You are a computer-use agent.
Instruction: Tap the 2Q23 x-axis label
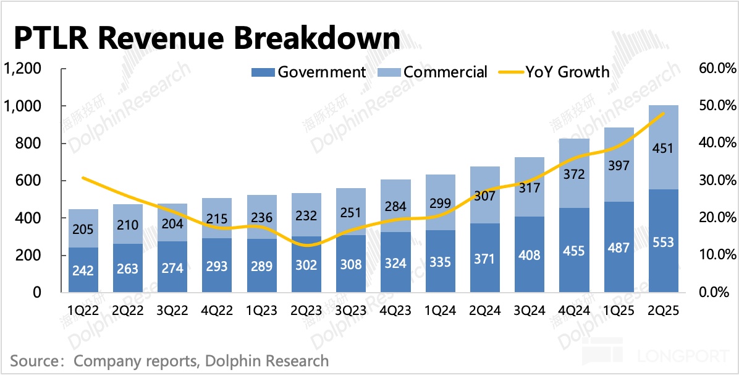coord(307,310)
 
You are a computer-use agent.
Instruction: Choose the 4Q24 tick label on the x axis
coord(575,310)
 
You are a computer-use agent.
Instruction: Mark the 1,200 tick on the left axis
coord(23,69)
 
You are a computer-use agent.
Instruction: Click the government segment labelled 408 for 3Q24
coord(530,255)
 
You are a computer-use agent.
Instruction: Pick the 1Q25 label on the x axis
coord(619,310)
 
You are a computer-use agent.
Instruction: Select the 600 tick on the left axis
coord(29,181)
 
